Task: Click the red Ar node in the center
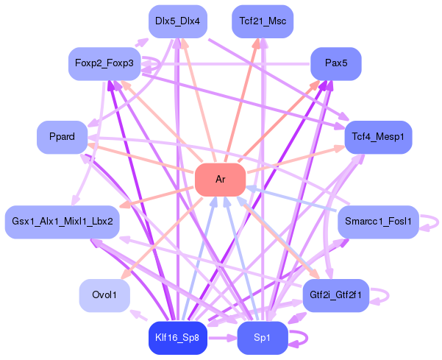click(x=220, y=180)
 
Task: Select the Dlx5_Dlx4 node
click(x=178, y=21)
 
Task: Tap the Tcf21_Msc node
click(x=263, y=21)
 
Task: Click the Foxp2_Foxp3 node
click(x=104, y=63)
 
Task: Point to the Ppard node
click(x=62, y=137)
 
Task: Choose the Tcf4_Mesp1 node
click(x=378, y=137)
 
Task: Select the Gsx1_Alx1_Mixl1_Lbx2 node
click(x=62, y=222)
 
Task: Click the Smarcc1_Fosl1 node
click(x=378, y=220)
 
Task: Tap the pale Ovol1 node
click(x=104, y=295)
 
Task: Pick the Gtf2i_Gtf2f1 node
click(x=335, y=295)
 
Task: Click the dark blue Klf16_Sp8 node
click(x=178, y=338)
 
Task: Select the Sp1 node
click(x=263, y=338)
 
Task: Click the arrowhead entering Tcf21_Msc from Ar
click(x=257, y=43)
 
